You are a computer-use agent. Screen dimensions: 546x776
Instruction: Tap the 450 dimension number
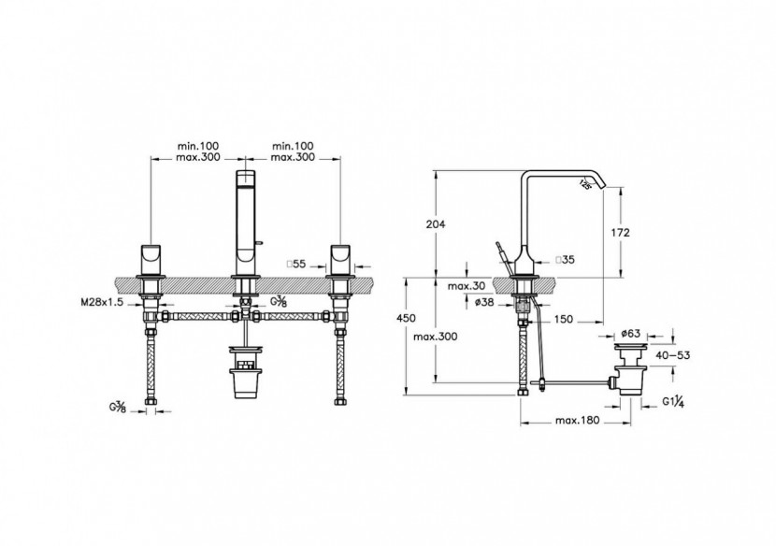[x=406, y=319]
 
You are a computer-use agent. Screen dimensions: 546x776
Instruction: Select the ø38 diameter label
[x=482, y=301]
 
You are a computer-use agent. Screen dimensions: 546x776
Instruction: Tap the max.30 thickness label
[x=465, y=285]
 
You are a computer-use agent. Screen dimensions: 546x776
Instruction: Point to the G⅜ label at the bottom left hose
[x=118, y=408]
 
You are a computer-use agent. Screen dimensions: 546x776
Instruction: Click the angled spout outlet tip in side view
[x=591, y=183]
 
